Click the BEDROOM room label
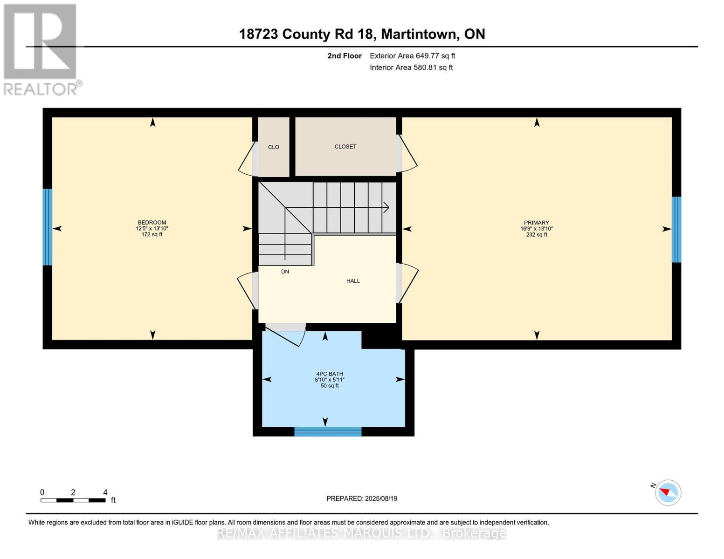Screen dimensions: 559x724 point(152,223)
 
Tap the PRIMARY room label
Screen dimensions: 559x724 point(536,223)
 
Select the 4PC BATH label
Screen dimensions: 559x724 point(329,374)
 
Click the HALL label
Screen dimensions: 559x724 point(353,281)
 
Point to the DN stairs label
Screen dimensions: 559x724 point(285,272)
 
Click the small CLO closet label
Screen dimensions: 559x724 point(274,147)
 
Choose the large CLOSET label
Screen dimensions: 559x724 point(345,147)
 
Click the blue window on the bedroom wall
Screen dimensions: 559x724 point(47,227)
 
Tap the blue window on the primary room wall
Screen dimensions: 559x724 point(676,230)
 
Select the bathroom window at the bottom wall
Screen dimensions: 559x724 point(328,432)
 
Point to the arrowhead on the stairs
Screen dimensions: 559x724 point(386,207)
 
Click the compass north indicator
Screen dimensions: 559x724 point(668,492)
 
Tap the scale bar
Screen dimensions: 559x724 point(73,500)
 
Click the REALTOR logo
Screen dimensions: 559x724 point(41,49)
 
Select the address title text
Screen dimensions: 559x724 point(362,34)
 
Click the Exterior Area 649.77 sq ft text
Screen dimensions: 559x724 point(412,56)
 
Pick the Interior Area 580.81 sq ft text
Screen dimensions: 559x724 point(411,68)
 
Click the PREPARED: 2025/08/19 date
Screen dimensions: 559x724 point(362,498)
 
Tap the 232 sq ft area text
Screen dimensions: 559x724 point(536,235)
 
